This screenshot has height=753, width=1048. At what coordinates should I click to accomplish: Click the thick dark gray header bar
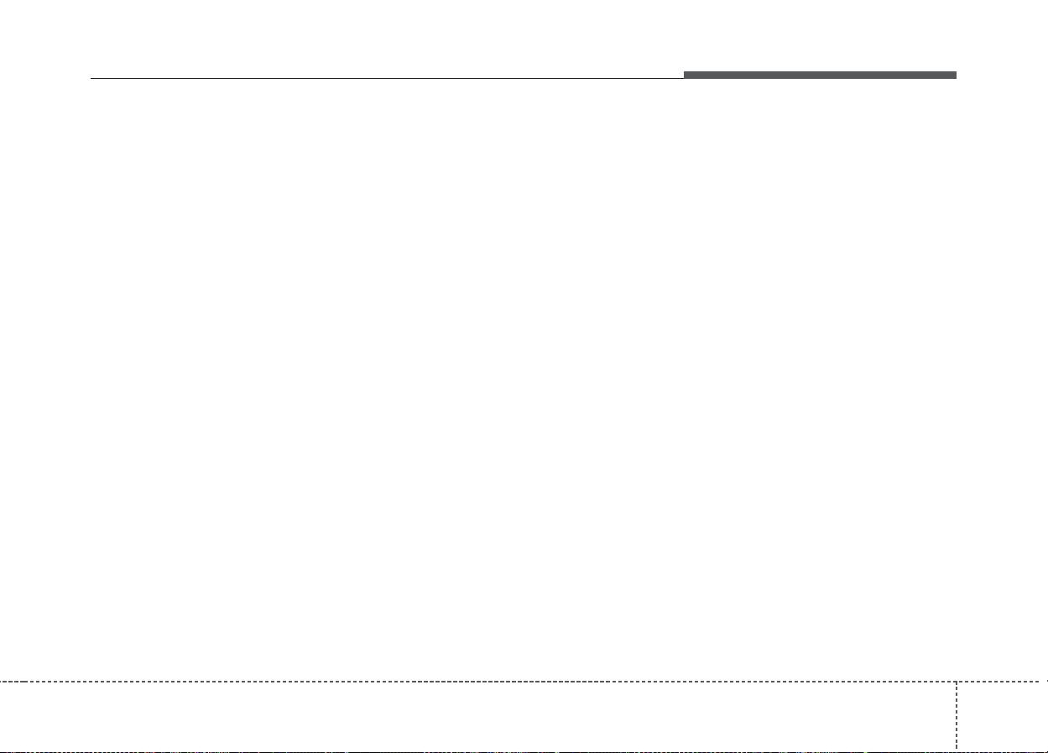(819, 76)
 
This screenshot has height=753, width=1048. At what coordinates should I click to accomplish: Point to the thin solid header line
(386, 79)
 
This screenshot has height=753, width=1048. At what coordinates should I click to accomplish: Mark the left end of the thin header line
(91, 79)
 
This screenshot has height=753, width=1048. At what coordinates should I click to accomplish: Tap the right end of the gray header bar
(955, 76)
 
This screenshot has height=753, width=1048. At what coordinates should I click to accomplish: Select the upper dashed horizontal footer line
(478, 681)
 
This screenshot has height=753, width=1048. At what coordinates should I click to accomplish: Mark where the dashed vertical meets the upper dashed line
(956, 681)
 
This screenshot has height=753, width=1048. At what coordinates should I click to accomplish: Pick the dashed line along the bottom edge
(478, 750)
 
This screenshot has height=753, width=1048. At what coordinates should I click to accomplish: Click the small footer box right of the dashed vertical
(1002, 715)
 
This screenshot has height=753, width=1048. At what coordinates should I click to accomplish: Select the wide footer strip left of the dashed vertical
(478, 715)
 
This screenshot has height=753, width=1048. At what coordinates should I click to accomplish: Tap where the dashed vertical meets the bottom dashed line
(956, 750)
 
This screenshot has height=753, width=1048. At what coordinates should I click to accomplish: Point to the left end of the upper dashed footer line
(2, 681)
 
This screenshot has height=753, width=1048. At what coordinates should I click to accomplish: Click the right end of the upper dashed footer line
(1045, 681)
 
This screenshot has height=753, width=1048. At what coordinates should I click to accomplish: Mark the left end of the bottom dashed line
(2, 750)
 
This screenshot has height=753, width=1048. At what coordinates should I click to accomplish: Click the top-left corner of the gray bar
(684, 72)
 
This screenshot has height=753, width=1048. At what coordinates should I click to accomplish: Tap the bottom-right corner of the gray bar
(956, 79)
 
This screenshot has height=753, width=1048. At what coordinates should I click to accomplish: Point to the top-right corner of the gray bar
(956, 72)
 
